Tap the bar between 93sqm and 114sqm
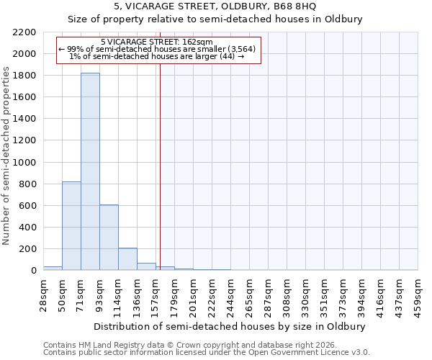point(109,237)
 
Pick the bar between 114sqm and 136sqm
point(127,258)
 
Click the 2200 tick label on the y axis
point(24,32)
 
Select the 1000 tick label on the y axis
point(24,163)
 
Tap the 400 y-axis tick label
point(27,228)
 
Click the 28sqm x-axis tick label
point(44,291)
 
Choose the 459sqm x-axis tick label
point(418,292)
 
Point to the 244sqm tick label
point(231,292)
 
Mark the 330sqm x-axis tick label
point(306,292)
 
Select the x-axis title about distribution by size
point(230,326)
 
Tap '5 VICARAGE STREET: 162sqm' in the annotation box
point(157,42)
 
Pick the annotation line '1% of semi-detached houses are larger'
point(157,57)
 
